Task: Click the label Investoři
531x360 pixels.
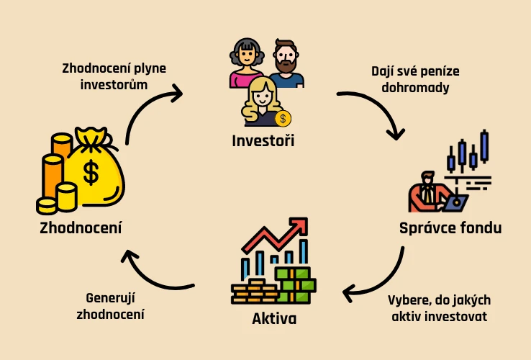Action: (x=263, y=140)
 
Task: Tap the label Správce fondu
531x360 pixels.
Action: (x=450, y=228)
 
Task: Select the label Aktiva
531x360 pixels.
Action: (x=274, y=319)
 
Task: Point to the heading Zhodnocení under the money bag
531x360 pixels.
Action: (x=81, y=228)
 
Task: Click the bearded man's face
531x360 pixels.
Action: (x=285, y=57)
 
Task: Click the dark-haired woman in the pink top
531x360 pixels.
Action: (x=246, y=63)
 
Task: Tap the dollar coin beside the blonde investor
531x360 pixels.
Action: (x=283, y=119)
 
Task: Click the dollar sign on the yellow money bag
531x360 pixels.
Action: (x=91, y=172)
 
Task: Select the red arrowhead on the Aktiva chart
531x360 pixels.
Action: (x=300, y=226)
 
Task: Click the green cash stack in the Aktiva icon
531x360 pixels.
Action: (x=295, y=285)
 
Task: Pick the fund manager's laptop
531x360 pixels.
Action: (x=455, y=203)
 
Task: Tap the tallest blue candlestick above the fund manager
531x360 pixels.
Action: (x=485, y=146)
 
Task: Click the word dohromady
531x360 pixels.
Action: (x=415, y=88)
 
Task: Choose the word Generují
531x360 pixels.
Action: (x=110, y=298)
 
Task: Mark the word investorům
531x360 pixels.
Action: (x=114, y=84)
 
